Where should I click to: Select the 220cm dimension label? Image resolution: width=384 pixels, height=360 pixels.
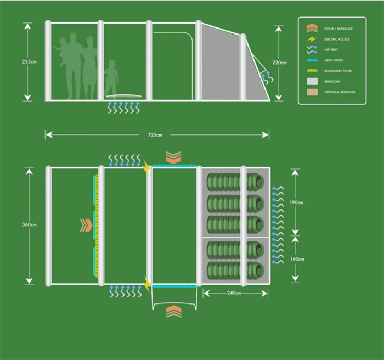pyautogui.click(x=279, y=63)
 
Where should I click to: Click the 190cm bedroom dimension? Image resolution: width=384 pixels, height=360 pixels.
pyautogui.click(x=296, y=203)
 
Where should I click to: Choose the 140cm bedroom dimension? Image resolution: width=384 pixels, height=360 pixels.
pyautogui.click(x=296, y=258)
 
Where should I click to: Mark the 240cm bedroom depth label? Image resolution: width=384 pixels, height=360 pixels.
pyautogui.click(x=234, y=293)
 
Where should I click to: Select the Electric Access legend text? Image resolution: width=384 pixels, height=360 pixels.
pyautogui.click(x=336, y=39)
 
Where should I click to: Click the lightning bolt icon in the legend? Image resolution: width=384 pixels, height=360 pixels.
pyautogui.click(x=312, y=39)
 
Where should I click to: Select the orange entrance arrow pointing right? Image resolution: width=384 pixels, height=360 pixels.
pyautogui.click(x=85, y=225)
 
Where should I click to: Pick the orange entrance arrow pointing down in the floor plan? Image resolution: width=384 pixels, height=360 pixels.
pyautogui.click(x=173, y=157)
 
